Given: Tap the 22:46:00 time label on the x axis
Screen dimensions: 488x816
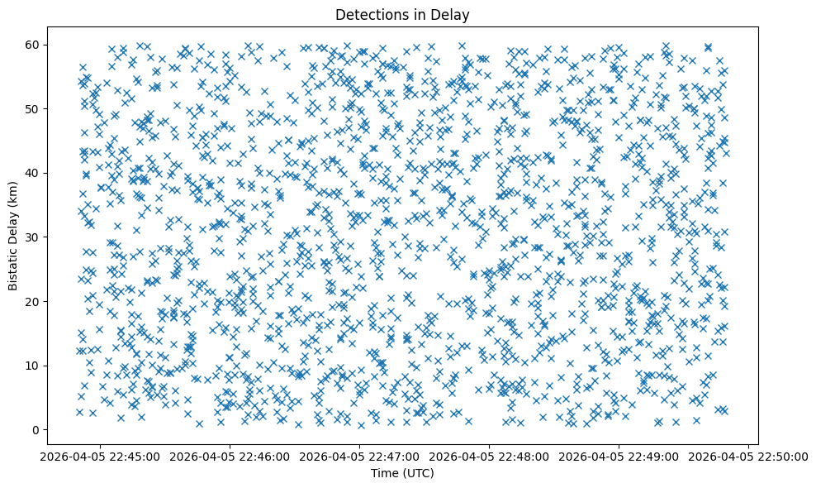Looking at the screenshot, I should coord(229,456).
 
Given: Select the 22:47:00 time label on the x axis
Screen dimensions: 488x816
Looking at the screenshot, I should coord(359,456).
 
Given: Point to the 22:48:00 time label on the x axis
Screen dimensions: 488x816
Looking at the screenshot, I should coord(489,456).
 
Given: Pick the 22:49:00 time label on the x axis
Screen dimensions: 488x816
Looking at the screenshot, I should coord(619,456).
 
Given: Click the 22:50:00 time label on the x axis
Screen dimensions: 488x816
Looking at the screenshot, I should coord(748,456).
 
